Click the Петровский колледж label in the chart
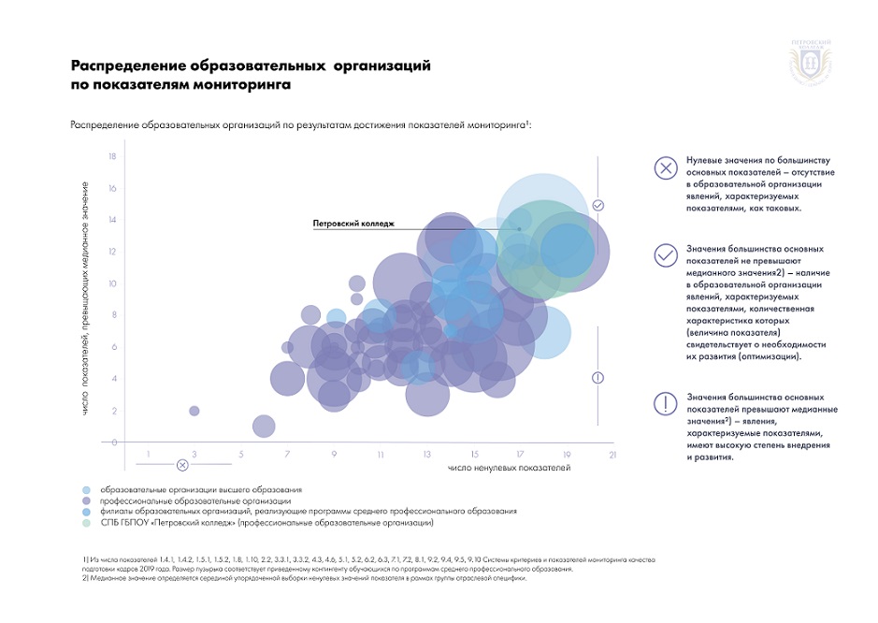coord(353,224)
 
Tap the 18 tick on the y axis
coord(112,156)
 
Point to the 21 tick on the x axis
coord(612,456)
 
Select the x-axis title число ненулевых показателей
coord(509,466)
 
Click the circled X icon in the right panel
coord(665,168)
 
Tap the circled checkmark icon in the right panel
coord(665,254)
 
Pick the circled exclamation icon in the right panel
coord(665,403)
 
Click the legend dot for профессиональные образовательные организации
coord(86,501)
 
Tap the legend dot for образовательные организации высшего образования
coord(86,490)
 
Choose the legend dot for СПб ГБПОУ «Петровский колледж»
coord(86,524)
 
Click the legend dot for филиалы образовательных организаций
coord(86,513)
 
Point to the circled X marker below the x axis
coord(182,464)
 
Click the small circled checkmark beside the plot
coord(598,205)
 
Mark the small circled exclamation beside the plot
coord(598,377)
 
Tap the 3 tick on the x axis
coord(194,456)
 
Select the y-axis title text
coord(85,298)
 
